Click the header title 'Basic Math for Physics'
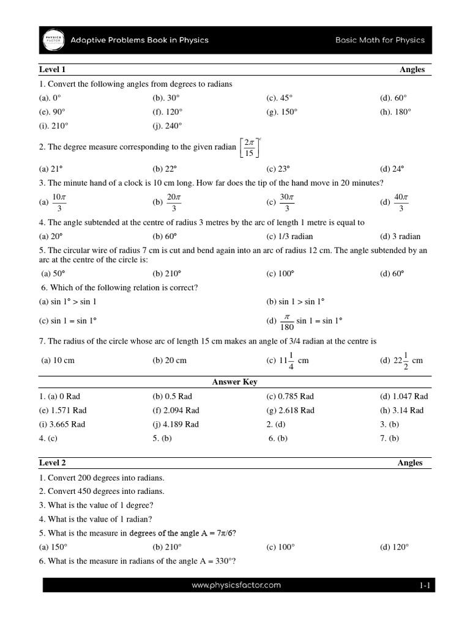click(x=379, y=40)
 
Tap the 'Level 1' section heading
click(x=53, y=70)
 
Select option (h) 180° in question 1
click(x=395, y=112)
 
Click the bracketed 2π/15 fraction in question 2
click(x=249, y=147)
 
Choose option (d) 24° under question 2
click(x=392, y=169)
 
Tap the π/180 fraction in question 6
click(x=286, y=320)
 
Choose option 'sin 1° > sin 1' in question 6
click(x=68, y=301)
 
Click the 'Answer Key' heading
click(x=235, y=382)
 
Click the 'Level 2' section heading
click(x=53, y=463)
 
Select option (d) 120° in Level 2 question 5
click(x=394, y=547)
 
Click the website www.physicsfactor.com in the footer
click(x=236, y=585)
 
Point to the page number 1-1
click(x=425, y=586)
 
